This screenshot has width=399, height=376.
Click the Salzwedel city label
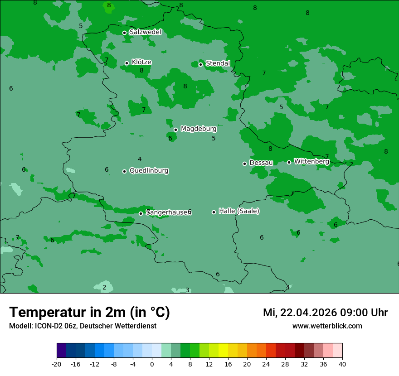point(145,32)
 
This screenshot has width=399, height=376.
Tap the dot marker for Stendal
point(200,64)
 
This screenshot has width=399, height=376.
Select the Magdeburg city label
point(199,129)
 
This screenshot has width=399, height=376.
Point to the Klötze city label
point(141,62)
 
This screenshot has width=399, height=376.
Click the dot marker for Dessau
point(244,164)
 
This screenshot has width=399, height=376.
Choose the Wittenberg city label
point(311,161)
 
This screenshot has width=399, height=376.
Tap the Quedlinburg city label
point(149,171)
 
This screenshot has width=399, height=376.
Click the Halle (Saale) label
point(239,211)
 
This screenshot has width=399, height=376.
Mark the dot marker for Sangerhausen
point(141,213)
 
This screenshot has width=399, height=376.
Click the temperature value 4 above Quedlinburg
point(140,159)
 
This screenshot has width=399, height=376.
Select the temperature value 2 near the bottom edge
point(104,287)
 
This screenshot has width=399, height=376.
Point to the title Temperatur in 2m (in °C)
point(89,313)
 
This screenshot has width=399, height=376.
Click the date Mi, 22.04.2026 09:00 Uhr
point(325,313)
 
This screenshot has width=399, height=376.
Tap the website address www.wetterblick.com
point(327,326)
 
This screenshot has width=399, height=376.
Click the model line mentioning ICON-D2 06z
point(83,326)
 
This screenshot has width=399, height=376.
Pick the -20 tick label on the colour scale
point(57,364)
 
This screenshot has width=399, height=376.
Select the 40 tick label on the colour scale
point(342,364)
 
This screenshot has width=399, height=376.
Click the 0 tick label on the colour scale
point(152,364)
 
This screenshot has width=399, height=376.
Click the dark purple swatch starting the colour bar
point(62,351)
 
